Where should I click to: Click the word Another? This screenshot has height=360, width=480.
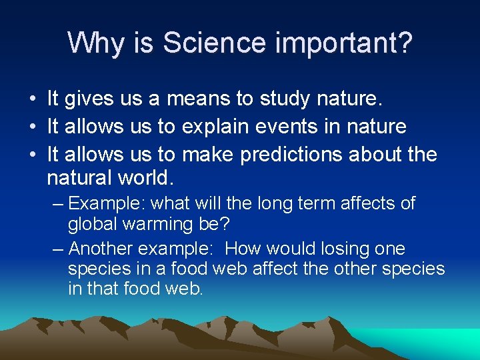coord(101,249)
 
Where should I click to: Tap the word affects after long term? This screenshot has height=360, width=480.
coord(352,203)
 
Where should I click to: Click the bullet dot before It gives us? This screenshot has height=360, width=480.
coord(32,100)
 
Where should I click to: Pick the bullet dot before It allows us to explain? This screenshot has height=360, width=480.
coord(32,127)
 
